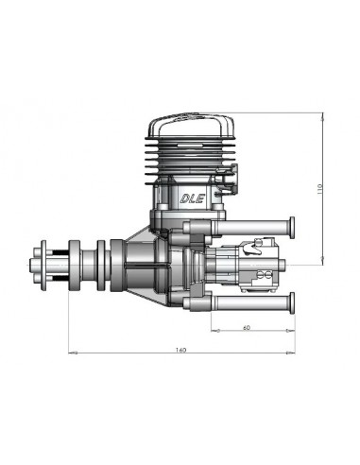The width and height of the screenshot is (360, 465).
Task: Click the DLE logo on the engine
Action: point(187,198)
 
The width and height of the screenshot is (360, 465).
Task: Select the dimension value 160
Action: point(180,351)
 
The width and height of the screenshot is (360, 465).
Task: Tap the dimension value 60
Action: point(247,328)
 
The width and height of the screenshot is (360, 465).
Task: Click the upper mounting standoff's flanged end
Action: point(292,226)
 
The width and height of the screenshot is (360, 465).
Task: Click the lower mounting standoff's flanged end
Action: point(292,303)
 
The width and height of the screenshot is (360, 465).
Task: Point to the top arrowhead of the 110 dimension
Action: point(324,118)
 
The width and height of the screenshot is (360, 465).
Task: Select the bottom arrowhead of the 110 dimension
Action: point(324,264)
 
